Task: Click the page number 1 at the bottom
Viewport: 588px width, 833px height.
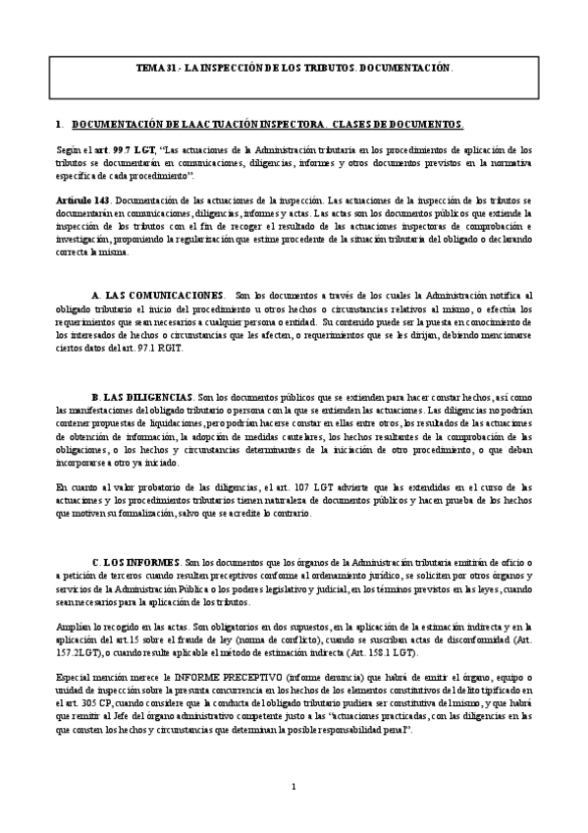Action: tap(294, 813)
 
